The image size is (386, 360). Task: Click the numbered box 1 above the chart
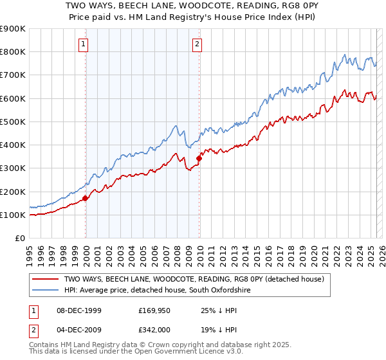[84, 44]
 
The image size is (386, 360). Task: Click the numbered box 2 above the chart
[197, 44]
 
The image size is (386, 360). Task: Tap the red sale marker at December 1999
[86, 198]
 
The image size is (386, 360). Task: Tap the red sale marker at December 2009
[199, 158]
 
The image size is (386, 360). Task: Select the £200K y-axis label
[13, 192]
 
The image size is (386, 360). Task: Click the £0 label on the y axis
[19, 239]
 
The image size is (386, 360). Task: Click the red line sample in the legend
[45, 279]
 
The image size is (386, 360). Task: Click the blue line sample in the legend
[45, 291]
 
